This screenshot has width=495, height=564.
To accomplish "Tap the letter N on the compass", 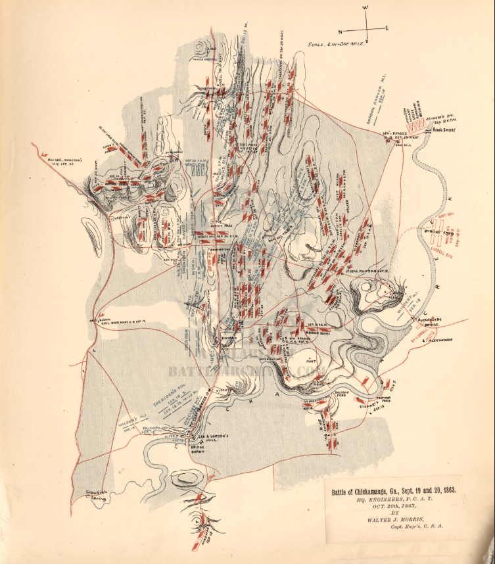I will [341, 31].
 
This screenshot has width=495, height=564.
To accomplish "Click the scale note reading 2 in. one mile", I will [335, 45].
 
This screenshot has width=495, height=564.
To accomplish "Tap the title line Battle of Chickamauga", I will [393, 490].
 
